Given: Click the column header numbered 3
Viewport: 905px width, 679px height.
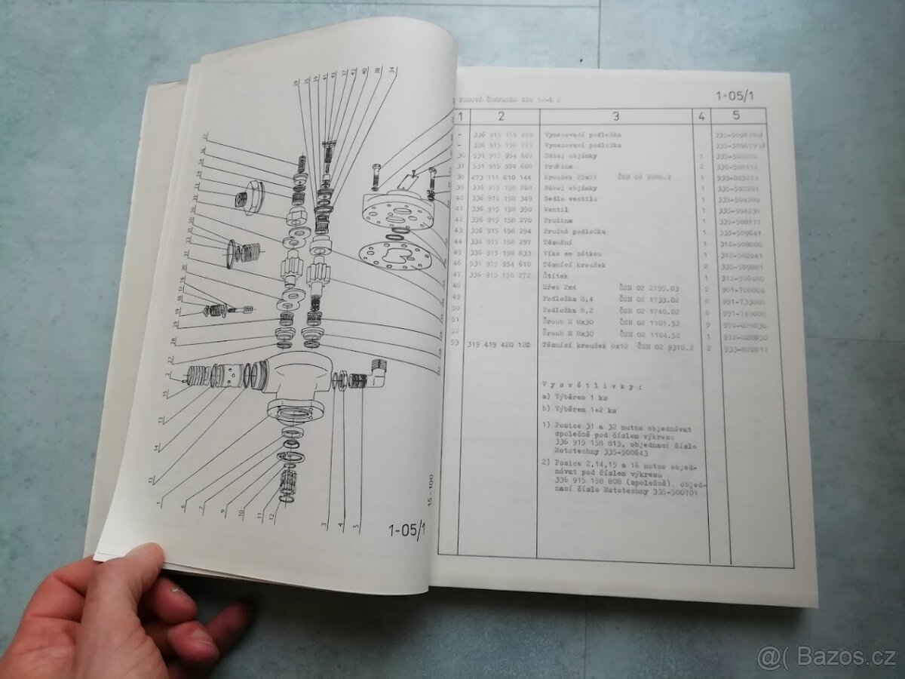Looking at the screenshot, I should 615,116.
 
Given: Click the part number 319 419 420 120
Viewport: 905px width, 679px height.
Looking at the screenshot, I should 501,344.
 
